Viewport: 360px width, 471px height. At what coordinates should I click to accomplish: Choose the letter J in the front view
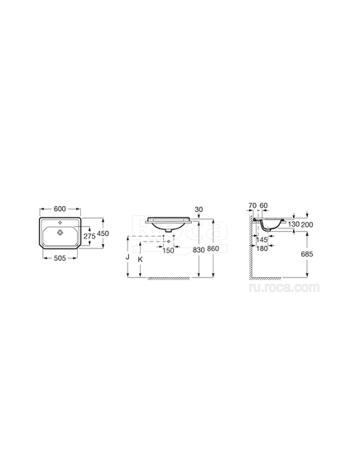pyautogui.click(x=127, y=258)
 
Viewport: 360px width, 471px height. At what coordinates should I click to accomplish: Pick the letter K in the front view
pyautogui.click(x=141, y=258)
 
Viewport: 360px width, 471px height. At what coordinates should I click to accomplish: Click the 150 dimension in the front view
pyautogui.click(x=168, y=250)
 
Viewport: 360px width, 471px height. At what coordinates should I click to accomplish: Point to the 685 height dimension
pyautogui.click(x=308, y=253)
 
